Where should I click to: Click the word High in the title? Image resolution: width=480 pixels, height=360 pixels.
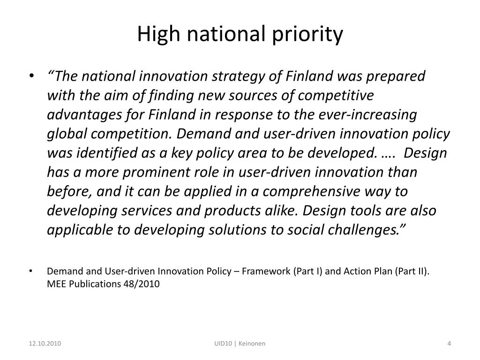click(158, 34)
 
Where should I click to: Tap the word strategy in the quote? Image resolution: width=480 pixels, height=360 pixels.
click(238, 76)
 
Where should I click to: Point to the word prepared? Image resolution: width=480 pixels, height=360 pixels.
click(396, 76)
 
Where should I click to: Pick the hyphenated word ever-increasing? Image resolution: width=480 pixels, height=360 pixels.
click(367, 115)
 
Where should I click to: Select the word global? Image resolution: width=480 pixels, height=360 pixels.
click(67, 134)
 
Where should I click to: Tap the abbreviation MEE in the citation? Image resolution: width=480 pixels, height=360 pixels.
click(57, 284)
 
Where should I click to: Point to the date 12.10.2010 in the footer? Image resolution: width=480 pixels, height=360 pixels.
click(45, 344)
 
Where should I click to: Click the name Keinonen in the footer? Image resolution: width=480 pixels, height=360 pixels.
click(252, 344)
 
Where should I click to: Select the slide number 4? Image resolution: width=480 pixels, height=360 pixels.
click(449, 344)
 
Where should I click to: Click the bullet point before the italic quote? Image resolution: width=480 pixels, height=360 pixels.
click(31, 76)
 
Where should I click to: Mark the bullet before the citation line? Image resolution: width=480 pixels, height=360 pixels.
click(30, 271)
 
